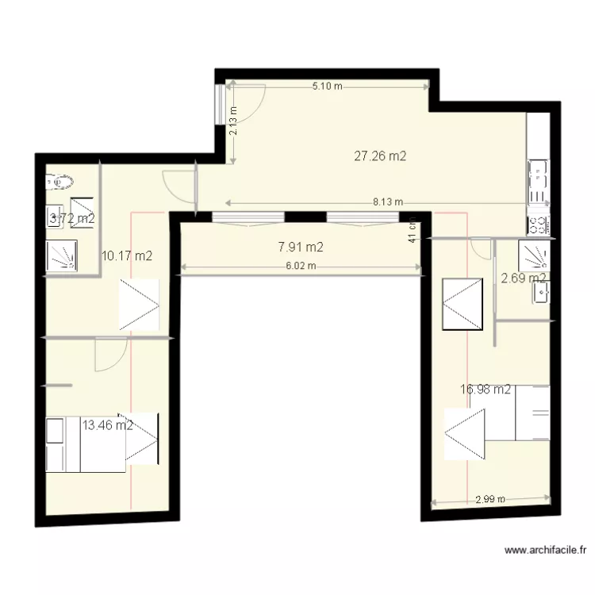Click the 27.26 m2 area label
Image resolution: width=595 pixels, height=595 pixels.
click(x=380, y=156)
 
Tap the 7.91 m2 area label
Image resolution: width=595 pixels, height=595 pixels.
click(x=301, y=248)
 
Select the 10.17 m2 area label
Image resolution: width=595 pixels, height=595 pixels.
click(x=127, y=255)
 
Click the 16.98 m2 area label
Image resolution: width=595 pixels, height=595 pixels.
click(x=486, y=389)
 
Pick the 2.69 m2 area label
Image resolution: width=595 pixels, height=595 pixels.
click(x=524, y=278)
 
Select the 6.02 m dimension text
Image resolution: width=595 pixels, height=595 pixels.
click(x=301, y=267)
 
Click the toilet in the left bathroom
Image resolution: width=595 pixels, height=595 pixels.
click(x=59, y=181)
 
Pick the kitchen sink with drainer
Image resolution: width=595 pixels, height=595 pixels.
click(x=538, y=181)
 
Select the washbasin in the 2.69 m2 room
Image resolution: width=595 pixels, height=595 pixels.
click(x=542, y=292)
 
